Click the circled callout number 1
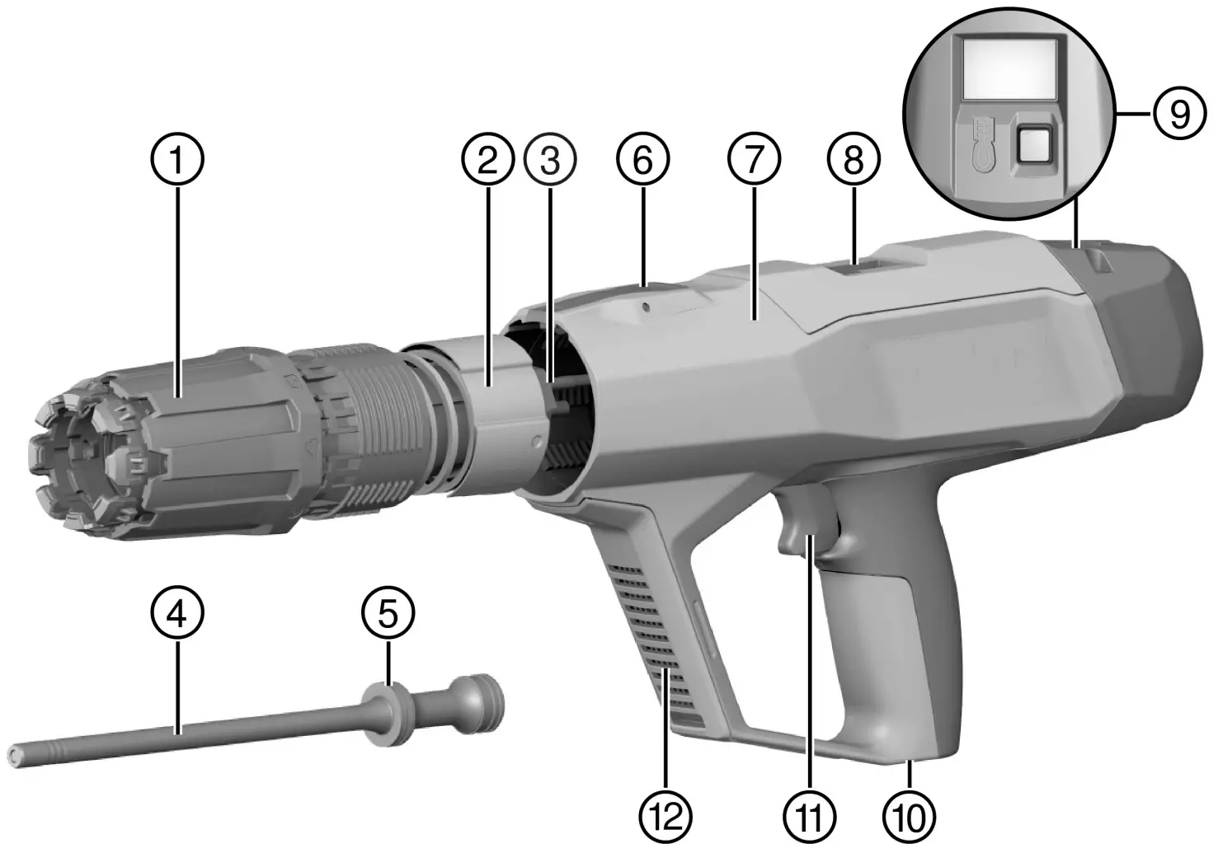(x=179, y=160)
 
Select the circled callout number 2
(x=487, y=160)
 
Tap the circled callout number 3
(x=549, y=160)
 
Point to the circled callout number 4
(x=179, y=614)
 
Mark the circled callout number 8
(x=854, y=160)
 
